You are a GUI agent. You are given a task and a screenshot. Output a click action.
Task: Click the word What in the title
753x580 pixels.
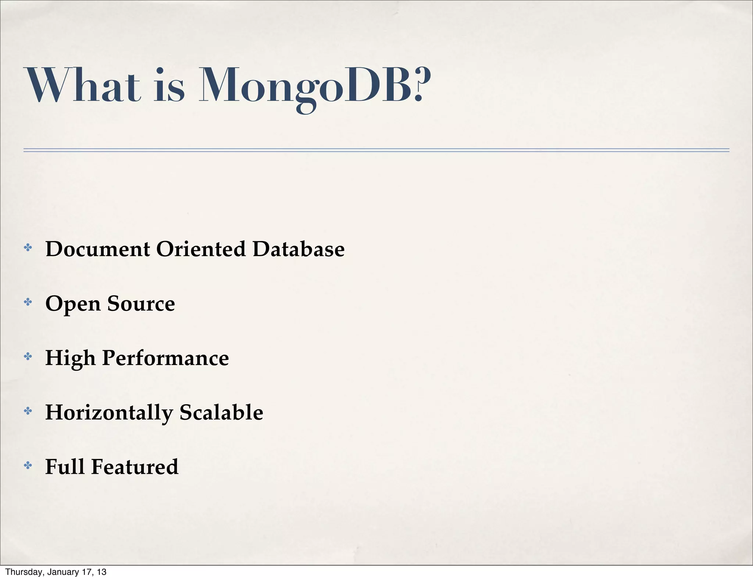[x=82, y=85]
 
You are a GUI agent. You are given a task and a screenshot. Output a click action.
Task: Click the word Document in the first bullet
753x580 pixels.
[x=97, y=249]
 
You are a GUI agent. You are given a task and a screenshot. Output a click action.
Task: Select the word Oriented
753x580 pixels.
[x=201, y=249]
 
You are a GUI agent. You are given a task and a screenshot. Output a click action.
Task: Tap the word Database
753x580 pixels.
[x=298, y=249]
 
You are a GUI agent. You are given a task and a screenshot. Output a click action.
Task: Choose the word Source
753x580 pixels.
[x=141, y=304]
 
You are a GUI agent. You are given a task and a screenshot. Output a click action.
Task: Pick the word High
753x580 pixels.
[x=70, y=358]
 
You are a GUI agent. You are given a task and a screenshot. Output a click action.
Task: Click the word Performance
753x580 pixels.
[x=165, y=358]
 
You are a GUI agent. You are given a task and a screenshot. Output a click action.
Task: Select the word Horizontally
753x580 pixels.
[x=109, y=413]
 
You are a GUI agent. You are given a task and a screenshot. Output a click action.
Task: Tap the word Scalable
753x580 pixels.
[x=221, y=412]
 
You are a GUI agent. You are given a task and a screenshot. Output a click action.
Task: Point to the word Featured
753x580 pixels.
[x=135, y=467]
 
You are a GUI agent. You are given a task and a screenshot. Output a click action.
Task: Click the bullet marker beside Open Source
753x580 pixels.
[x=28, y=303]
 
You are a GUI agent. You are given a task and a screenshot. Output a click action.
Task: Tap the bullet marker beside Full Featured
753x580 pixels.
[x=28, y=466]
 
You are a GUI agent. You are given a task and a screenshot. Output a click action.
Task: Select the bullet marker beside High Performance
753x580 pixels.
[x=28, y=357]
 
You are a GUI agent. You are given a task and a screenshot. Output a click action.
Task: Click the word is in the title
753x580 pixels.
[x=169, y=85]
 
